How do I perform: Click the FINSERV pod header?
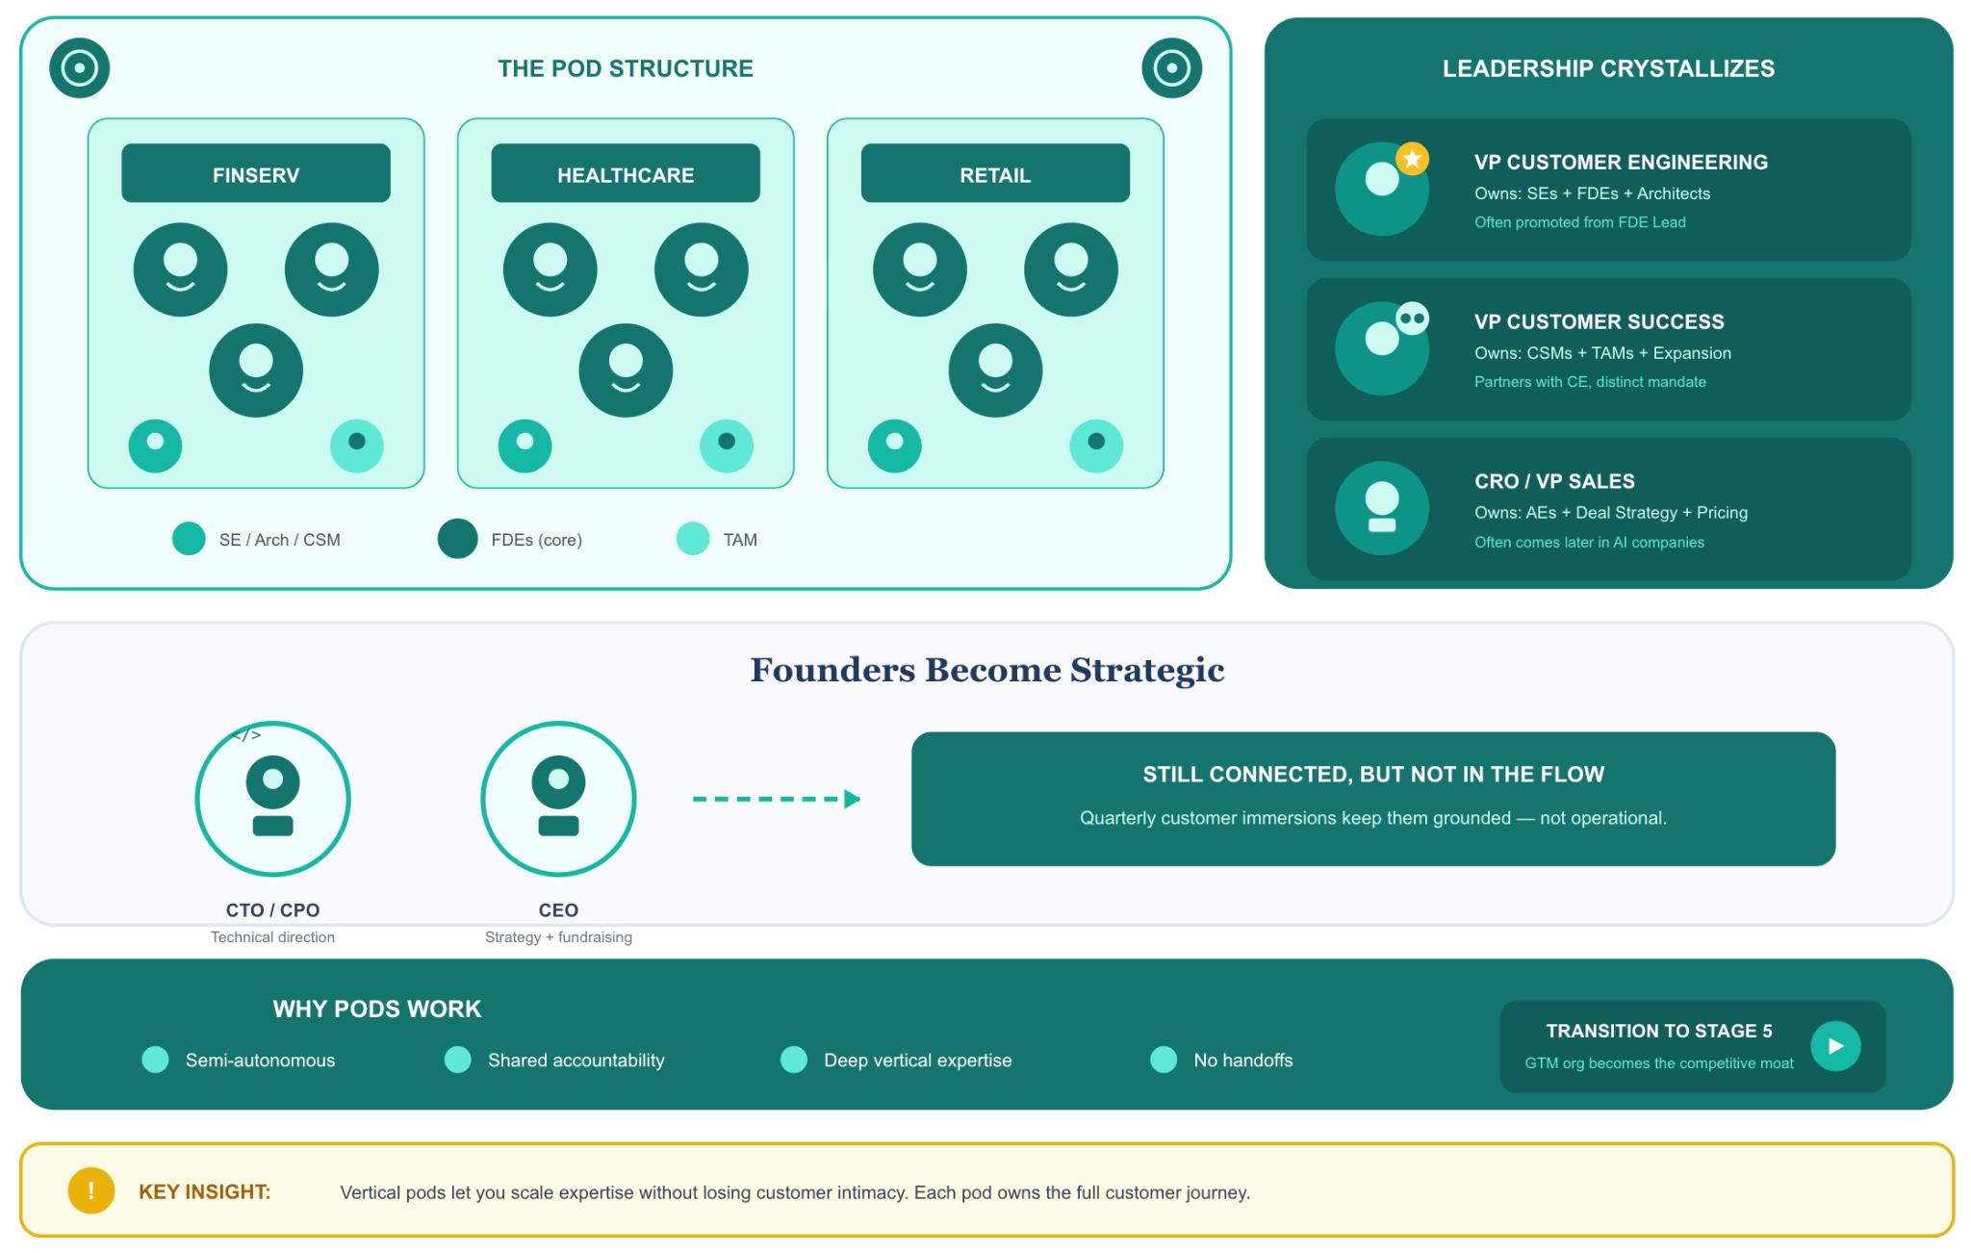pos(256,173)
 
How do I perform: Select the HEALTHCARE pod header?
pos(626,173)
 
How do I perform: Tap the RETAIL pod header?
pos(995,173)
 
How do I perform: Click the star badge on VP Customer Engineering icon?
pos(1412,159)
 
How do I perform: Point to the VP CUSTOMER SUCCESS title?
pos(1600,321)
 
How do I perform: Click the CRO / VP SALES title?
pos(1554,481)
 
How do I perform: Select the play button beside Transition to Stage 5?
pos(1835,1046)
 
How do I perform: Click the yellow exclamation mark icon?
pos(91,1190)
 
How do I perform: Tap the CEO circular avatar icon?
pos(558,799)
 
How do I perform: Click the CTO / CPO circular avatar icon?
pos(272,799)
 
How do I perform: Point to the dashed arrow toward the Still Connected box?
pos(777,799)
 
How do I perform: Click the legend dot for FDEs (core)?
pos(457,539)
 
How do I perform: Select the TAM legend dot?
pos(693,539)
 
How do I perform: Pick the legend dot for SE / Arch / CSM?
pos(189,539)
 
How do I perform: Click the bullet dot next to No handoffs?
pos(1164,1060)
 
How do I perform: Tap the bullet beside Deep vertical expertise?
pos(794,1060)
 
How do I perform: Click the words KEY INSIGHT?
pos(204,1191)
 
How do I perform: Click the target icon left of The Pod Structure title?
pos(80,68)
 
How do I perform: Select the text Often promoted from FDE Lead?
pos(1580,222)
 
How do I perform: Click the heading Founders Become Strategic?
pos(987,670)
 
